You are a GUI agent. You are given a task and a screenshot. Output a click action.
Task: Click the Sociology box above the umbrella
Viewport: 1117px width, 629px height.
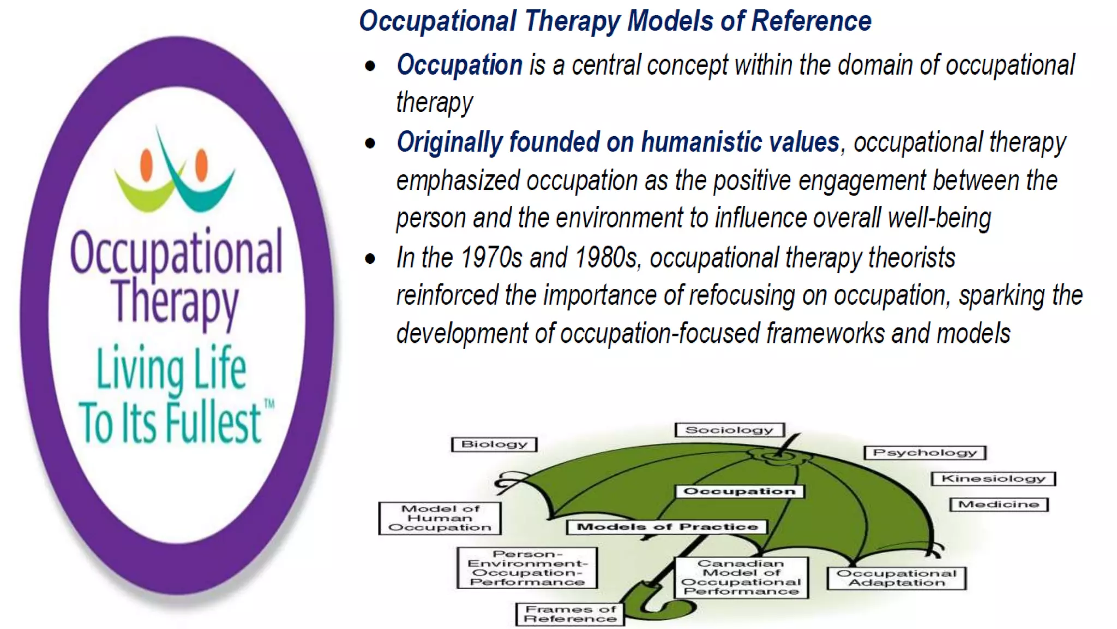(729, 430)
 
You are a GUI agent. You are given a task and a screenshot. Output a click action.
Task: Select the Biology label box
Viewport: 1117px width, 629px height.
(494, 444)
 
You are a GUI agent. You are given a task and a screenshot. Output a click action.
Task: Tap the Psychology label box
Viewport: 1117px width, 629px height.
(925, 453)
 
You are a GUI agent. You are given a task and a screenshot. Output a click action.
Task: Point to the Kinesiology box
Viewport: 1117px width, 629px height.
(993, 479)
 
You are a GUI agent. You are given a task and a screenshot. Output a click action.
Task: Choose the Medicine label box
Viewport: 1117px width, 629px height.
(999, 505)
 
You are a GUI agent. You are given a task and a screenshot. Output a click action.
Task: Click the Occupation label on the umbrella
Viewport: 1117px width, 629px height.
(740, 491)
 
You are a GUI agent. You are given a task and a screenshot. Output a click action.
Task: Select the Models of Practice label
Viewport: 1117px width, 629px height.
(667, 527)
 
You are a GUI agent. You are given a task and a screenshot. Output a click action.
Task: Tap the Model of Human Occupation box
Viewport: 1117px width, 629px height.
(440, 518)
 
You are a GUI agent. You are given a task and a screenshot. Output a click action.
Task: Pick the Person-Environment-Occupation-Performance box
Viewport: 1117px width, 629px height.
(527, 568)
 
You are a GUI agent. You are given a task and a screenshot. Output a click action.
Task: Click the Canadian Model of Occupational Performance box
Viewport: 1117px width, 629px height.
(741, 578)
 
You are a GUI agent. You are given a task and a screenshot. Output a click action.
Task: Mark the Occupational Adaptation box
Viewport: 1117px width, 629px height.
(896, 578)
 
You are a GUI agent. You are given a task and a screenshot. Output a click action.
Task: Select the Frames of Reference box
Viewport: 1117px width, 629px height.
(570, 614)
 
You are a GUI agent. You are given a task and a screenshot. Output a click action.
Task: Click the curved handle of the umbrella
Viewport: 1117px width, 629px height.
(638, 603)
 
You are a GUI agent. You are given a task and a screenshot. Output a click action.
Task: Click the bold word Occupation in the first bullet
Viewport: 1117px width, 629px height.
(459, 65)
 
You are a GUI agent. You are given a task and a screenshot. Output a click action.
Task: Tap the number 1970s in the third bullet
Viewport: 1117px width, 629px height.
(491, 258)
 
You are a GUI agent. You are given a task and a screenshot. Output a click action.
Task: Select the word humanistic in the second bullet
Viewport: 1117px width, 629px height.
(700, 143)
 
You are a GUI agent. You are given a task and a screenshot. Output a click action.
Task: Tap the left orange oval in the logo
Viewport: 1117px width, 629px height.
(146, 164)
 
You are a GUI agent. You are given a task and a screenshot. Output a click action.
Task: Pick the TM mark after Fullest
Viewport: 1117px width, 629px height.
(269, 404)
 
